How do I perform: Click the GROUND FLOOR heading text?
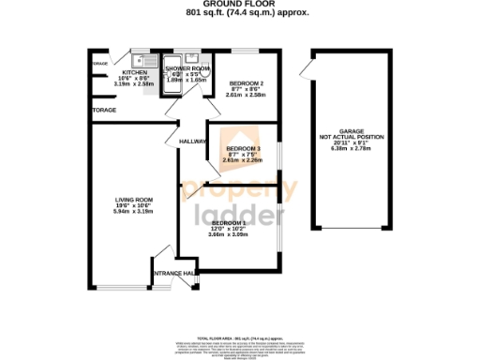pos(239,4)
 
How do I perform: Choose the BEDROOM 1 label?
pos(229,222)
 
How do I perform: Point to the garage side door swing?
pos(306,67)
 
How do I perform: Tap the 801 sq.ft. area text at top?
pos(239,12)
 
